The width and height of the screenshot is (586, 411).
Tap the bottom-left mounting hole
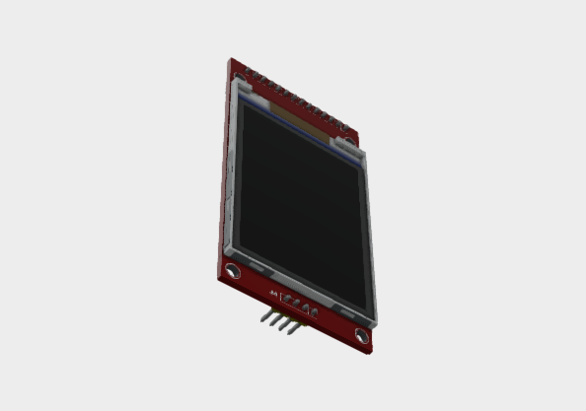(x=232, y=270)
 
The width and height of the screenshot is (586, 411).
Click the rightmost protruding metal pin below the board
(x=292, y=329)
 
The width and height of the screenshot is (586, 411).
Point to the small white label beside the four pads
(x=273, y=294)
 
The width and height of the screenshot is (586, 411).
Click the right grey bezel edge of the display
(x=372, y=237)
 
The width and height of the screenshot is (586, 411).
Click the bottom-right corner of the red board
(x=371, y=352)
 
